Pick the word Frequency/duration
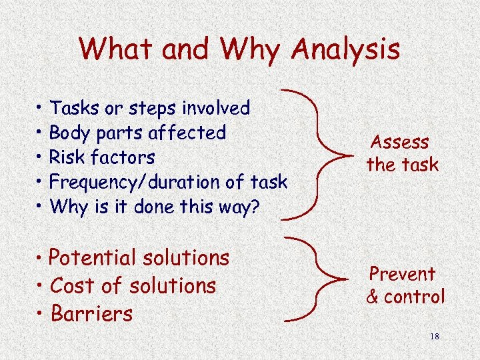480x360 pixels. [x=135, y=182]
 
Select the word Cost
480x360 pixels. [x=71, y=285]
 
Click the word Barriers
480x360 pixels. [x=91, y=313]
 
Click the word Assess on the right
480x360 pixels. [x=400, y=142]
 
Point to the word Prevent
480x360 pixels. [x=402, y=274]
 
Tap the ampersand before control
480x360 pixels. [x=373, y=297]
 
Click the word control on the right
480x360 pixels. [x=414, y=297]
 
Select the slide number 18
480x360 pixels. [x=435, y=337]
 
